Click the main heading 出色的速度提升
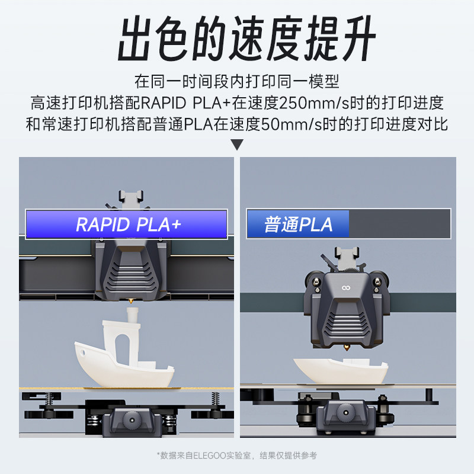pos(237,40)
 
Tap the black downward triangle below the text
pos(237,145)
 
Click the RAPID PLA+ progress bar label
pos(127,225)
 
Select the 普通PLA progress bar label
pos(298,225)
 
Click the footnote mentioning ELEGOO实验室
pos(237,455)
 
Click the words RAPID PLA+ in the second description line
pos(185,103)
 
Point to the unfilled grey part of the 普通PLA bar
pos(399,225)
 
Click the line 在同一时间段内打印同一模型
pos(237,81)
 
